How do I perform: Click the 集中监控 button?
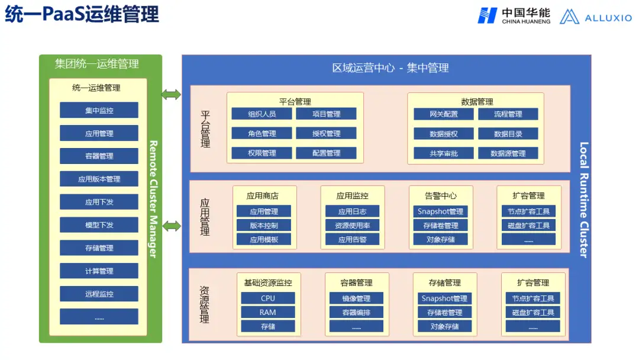click(x=99, y=110)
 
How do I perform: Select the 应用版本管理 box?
click(x=99, y=179)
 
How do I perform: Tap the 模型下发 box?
click(x=99, y=225)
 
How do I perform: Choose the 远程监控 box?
click(x=99, y=294)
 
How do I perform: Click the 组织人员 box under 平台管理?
click(x=262, y=114)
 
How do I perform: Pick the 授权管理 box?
click(x=326, y=133)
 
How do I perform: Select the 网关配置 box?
click(x=444, y=114)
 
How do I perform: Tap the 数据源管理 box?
click(x=508, y=153)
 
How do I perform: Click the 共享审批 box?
click(x=444, y=153)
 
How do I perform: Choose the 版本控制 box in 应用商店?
click(x=263, y=225)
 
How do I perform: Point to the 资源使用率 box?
click(x=352, y=225)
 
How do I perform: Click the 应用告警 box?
click(x=352, y=239)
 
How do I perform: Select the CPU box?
click(x=267, y=298)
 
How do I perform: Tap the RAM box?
click(x=267, y=312)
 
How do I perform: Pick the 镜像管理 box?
click(x=356, y=298)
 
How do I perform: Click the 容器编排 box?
click(x=356, y=312)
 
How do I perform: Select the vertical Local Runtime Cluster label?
click(x=583, y=200)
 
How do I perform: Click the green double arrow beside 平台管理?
click(x=171, y=94)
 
